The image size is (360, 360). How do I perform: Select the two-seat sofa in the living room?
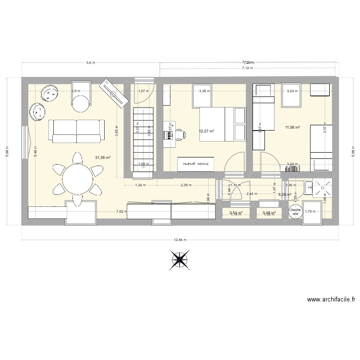pos(76,130)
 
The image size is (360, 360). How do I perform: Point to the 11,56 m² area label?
pos(292,127)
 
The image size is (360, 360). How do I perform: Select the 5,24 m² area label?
pos(285,194)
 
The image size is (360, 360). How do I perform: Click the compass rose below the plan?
pos(179,260)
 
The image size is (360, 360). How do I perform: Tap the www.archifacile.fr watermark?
pos(331,299)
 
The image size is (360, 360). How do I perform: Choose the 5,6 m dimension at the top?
pos(90,62)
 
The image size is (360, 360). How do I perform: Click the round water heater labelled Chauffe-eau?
pos(295,212)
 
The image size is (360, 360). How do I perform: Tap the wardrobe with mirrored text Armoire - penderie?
pos(195,164)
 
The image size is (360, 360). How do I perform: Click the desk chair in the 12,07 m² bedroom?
pos(180,134)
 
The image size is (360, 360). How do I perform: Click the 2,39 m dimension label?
pos(186,185)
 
